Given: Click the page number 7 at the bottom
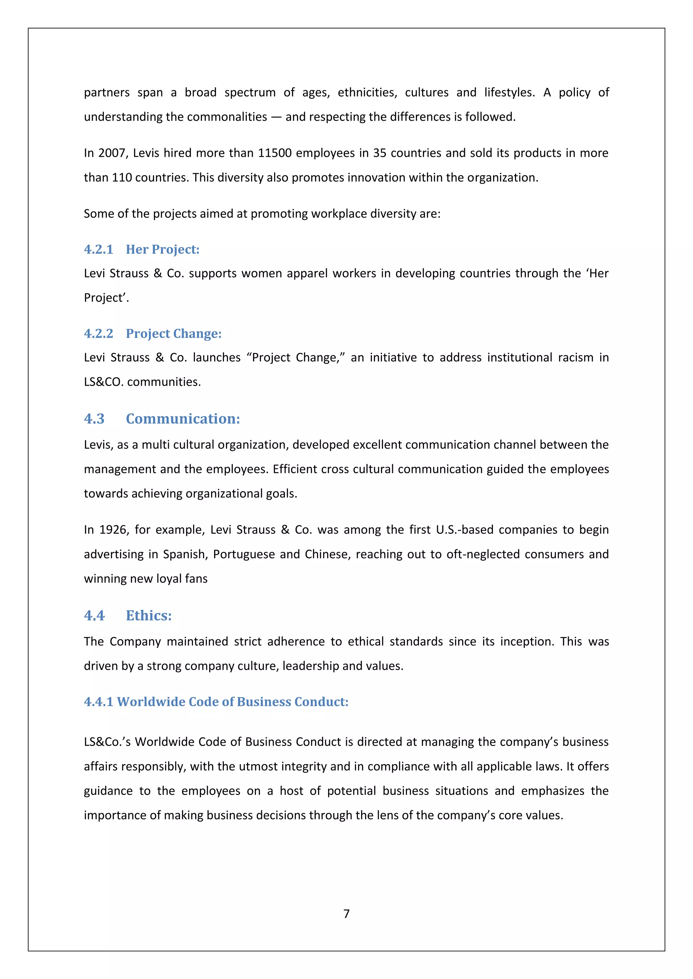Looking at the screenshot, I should (x=346, y=913).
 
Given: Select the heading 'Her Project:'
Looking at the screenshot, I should (x=162, y=249).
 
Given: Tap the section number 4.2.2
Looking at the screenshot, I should (x=98, y=333).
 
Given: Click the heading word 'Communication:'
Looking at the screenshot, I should (x=183, y=419).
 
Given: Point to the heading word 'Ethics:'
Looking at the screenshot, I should (x=149, y=615).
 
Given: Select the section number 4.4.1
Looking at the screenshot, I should (x=98, y=702).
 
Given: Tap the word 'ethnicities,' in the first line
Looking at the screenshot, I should (x=367, y=93).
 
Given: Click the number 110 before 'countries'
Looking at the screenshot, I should (x=121, y=177).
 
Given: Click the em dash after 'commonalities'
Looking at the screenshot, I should (x=276, y=117).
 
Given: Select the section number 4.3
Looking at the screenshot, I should (x=94, y=419).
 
